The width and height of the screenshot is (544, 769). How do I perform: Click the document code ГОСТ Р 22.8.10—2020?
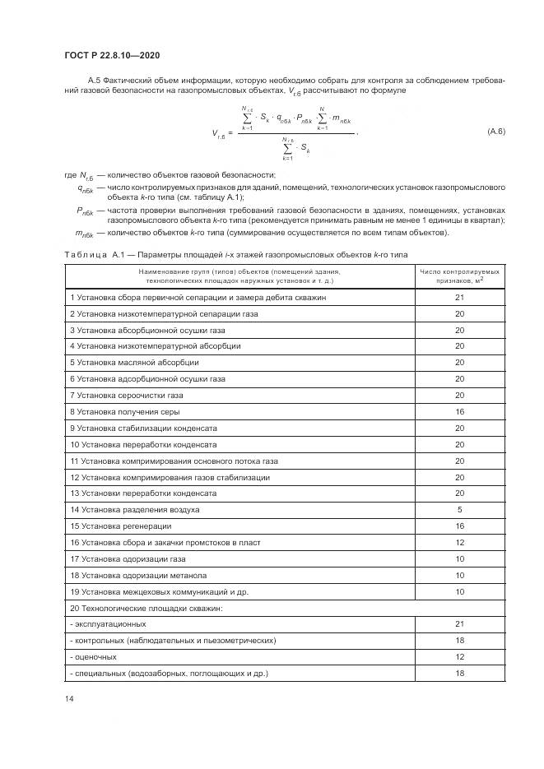(111, 55)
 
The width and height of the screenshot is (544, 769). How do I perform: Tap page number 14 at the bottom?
(68, 698)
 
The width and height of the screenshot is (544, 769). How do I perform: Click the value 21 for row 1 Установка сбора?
(460, 298)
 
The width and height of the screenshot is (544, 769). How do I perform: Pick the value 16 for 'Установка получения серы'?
(460, 411)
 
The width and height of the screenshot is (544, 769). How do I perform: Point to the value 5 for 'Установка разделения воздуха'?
(460, 509)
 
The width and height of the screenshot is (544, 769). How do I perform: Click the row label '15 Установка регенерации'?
(121, 526)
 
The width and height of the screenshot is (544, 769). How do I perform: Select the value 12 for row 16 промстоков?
(460, 542)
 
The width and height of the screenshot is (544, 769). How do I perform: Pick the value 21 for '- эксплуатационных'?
(460, 624)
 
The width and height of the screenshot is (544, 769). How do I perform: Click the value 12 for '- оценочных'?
(460, 657)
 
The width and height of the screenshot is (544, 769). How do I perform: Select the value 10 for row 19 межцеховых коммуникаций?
(460, 591)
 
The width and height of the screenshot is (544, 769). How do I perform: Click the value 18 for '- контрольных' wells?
(460, 641)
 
